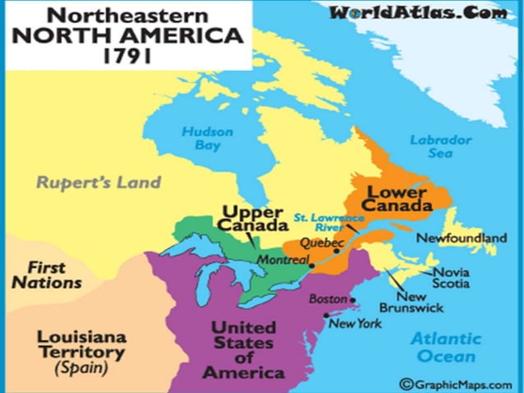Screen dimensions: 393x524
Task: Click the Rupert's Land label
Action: click(98, 182)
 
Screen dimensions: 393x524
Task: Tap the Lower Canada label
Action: click(398, 198)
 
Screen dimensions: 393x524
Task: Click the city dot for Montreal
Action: click(311, 266)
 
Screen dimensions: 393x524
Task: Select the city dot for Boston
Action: click(353, 300)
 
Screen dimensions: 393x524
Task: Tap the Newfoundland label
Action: click(461, 238)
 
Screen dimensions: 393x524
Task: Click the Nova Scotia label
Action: click(452, 278)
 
